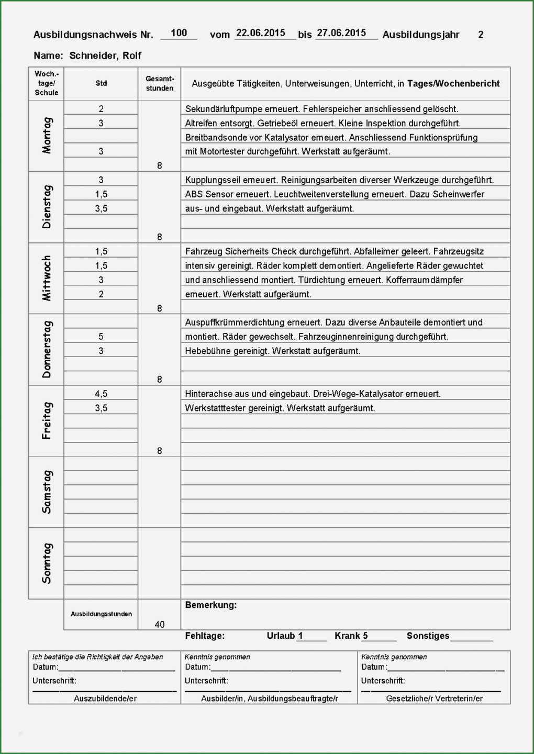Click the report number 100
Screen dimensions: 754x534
pos(179,33)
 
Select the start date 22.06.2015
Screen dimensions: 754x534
pos(260,33)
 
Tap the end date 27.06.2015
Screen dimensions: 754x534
pos(341,33)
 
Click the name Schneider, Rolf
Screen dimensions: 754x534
pos(105,56)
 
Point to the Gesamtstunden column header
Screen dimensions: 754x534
pos(160,83)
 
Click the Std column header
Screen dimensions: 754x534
pos(101,83)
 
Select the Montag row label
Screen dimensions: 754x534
pos(47,136)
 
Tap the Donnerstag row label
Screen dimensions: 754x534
pos(47,349)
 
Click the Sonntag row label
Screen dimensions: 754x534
pos(47,563)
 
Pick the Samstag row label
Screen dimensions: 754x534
pos(47,492)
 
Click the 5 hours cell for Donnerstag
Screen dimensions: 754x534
pos(101,337)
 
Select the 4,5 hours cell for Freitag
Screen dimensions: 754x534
pos(101,393)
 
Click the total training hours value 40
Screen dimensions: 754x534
pos(160,624)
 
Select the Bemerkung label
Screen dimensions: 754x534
pos(211,605)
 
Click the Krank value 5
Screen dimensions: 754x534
pos(365,636)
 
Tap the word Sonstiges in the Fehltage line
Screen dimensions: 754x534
pos(428,636)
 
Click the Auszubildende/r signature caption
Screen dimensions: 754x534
pos(105,698)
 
